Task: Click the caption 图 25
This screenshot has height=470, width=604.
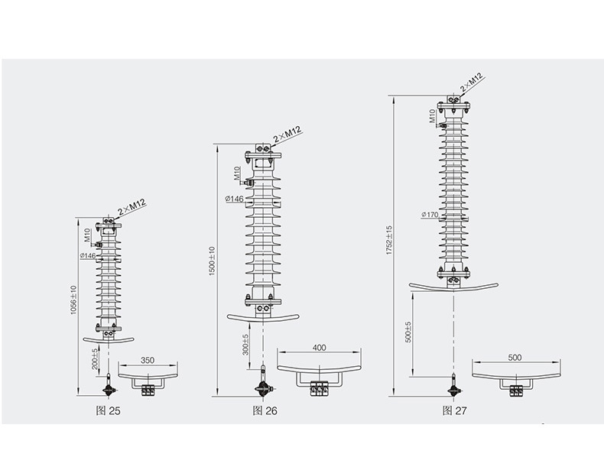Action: click(x=109, y=410)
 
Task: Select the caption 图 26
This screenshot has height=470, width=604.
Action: click(x=265, y=410)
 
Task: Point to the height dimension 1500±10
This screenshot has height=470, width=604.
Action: click(x=212, y=260)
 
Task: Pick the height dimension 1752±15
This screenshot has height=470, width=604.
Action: click(x=388, y=240)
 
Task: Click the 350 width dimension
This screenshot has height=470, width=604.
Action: click(x=148, y=359)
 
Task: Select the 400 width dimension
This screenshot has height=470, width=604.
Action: click(x=320, y=348)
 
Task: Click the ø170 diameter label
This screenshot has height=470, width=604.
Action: click(x=429, y=215)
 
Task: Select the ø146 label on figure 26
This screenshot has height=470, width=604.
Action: click(x=234, y=199)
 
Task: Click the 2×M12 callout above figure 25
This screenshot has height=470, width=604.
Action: click(x=132, y=207)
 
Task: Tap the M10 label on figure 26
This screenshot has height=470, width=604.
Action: click(x=238, y=172)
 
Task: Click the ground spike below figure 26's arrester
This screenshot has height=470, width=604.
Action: click(x=265, y=386)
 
